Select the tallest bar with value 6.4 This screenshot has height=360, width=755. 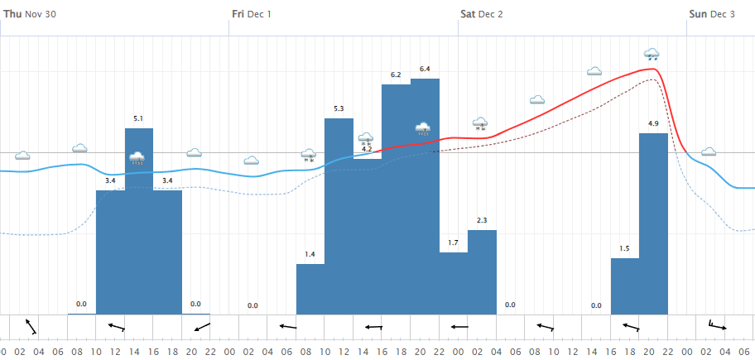(x=425, y=199)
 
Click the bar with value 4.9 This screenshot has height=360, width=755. (x=653, y=223)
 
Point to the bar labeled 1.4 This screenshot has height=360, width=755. (x=310, y=289)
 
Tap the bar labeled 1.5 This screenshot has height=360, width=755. (x=625, y=286)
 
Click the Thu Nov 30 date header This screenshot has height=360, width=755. (x=35, y=13)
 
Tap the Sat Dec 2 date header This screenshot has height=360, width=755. (x=481, y=13)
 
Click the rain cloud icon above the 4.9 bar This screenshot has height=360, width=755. (x=652, y=55)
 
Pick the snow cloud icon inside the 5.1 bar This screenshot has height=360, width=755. (x=137, y=157)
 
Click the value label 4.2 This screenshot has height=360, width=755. (x=368, y=149)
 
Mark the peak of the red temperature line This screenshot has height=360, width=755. (x=654, y=69)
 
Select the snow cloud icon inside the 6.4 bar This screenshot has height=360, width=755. (x=423, y=128)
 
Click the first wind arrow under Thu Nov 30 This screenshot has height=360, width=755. (x=31, y=327)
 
